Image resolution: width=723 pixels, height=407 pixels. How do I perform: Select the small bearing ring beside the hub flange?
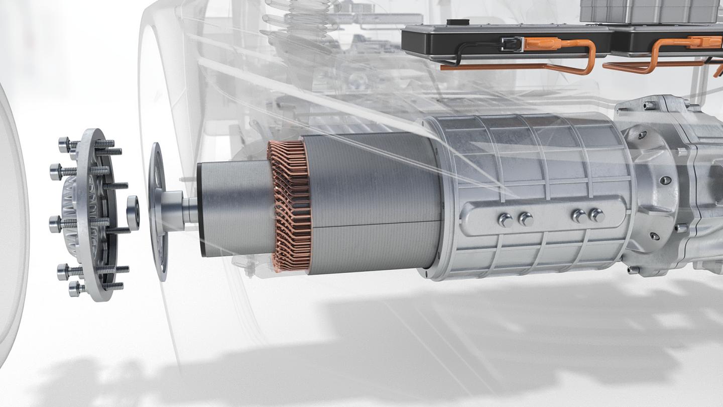pos(133,212)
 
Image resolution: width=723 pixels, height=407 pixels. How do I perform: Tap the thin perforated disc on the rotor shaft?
pos(159,211)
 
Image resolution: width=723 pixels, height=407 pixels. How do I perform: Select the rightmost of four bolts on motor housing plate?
pos(596,215)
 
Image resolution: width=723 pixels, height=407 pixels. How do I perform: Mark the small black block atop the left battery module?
pos(455,23)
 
